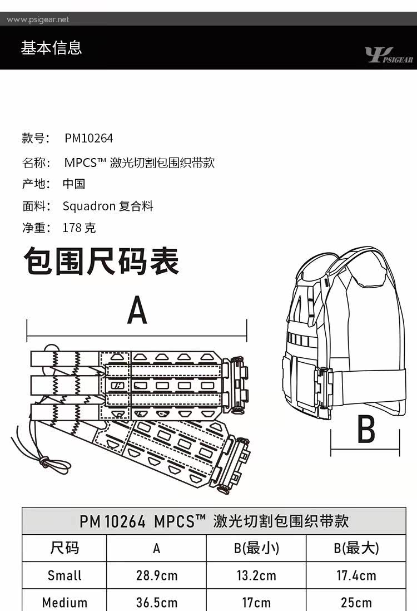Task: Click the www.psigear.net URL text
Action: click(x=38, y=19)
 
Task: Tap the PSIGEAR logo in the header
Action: click(x=388, y=56)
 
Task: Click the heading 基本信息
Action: click(x=51, y=48)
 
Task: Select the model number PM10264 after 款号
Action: click(x=88, y=138)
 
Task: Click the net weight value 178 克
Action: click(x=79, y=228)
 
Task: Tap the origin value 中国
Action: click(x=73, y=184)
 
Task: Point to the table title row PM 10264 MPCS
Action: click(x=214, y=521)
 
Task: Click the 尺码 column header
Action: click(x=64, y=548)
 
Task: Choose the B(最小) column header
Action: click(x=256, y=548)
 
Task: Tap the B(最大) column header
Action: click(x=356, y=548)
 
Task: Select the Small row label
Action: click(x=64, y=575)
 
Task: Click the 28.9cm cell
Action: click(x=157, y=575)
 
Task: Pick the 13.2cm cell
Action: click(x=256, y=575)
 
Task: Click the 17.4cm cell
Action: click(x=356, y=575)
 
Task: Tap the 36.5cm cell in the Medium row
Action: click(x=157, y=602)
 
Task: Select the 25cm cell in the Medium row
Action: click(x=356, y=602)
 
